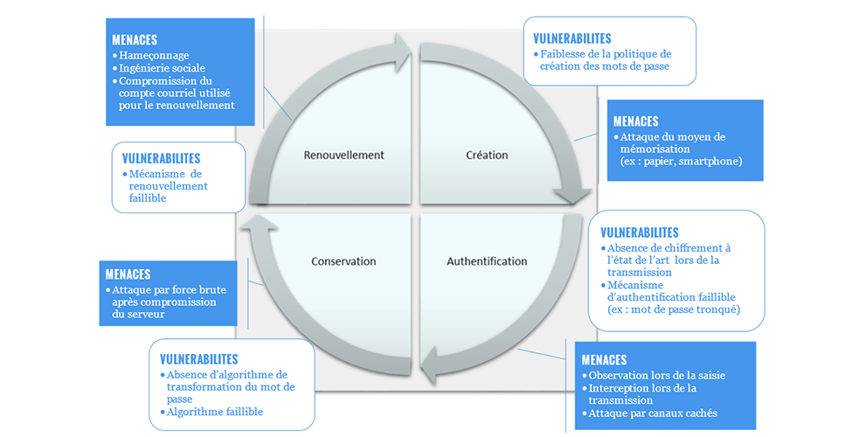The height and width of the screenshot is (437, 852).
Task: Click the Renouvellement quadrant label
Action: [x=343, y=156]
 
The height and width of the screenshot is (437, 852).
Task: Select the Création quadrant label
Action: [x=487, y=156]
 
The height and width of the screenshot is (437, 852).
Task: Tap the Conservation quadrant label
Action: [x=343, y=261]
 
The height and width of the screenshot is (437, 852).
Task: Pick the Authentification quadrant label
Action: [x=487, y=261]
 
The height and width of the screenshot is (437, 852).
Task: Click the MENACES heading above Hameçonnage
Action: [x=135, y=40]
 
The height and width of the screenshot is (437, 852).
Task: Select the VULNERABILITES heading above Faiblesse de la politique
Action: [x=572, y=38]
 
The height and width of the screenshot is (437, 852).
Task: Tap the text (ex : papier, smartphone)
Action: [x=681, y=162]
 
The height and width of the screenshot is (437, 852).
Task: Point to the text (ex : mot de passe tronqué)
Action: [x=673, y=309]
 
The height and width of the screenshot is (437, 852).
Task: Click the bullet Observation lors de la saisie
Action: [x=656, y=376]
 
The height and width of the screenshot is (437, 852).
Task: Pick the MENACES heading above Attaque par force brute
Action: [x=128, y=274]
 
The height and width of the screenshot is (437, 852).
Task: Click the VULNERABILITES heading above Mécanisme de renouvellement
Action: [x=162, y=158]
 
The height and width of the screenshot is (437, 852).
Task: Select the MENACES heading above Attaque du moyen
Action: [x=636, y=121]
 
